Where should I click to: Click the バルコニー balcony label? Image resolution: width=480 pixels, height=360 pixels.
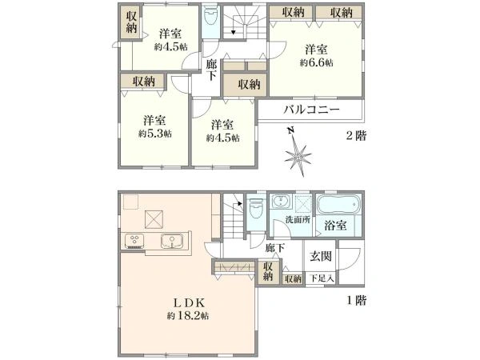click(312, 110)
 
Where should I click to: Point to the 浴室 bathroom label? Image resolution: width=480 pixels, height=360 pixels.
click(334, 226)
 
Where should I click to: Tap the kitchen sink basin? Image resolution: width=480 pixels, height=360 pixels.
click(172, 241)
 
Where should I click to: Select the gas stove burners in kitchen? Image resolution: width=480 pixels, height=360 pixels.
click(134, 241)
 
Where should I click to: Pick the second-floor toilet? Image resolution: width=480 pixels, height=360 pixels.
click(210, 21)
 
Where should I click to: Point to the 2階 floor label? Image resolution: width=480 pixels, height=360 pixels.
click(356, 136)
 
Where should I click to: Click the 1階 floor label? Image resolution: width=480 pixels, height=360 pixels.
click(356, 302)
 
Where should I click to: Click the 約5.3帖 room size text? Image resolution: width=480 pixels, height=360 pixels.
click(154, 133)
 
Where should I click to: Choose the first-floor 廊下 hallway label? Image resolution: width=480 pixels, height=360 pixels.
click(275, 249)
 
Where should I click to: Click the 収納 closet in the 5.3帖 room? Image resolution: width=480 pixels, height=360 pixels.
click(144, 82)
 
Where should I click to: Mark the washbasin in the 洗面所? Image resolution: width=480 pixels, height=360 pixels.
click(281, 202)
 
